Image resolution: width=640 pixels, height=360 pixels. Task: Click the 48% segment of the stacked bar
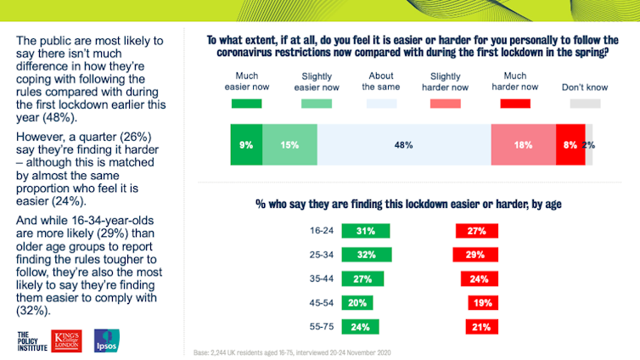tap(404, 145)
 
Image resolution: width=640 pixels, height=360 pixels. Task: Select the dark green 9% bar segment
tap(246, 145)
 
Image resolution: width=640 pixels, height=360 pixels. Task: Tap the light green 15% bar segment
tap(289, 145)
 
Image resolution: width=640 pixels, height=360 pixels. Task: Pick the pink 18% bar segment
tap(523, 145)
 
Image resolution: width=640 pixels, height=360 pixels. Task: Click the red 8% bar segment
tap(570, 145)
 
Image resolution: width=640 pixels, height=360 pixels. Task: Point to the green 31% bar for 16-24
tap(365, 231)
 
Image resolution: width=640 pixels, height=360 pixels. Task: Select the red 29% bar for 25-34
tap(475, 255)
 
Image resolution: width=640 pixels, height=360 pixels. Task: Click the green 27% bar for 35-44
tap(362, 278)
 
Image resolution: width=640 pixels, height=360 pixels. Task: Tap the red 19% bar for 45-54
tap(483, 302)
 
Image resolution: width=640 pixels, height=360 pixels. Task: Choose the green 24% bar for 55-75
tap(360, 326)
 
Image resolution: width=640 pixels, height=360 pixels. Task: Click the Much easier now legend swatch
tap(247, 104)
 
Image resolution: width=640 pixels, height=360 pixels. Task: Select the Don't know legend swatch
tap(584, 104)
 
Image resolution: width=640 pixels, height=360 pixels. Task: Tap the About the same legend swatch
tap(382, 104)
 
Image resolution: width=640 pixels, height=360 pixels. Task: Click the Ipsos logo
tap(106, 340)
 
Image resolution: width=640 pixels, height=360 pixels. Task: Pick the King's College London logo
tap(68, 340)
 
